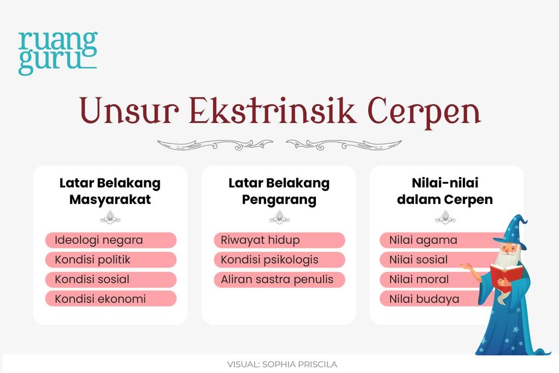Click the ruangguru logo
57,53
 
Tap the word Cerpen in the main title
424,112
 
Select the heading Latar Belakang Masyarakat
110,191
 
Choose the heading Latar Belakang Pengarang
279,191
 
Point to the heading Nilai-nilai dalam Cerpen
445,191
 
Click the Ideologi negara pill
110,240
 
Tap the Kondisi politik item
110,260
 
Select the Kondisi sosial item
110,279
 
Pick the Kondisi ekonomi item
110,299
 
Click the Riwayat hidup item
279,240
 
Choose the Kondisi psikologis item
279,260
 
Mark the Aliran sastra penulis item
279,279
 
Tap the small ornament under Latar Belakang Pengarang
279,220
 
